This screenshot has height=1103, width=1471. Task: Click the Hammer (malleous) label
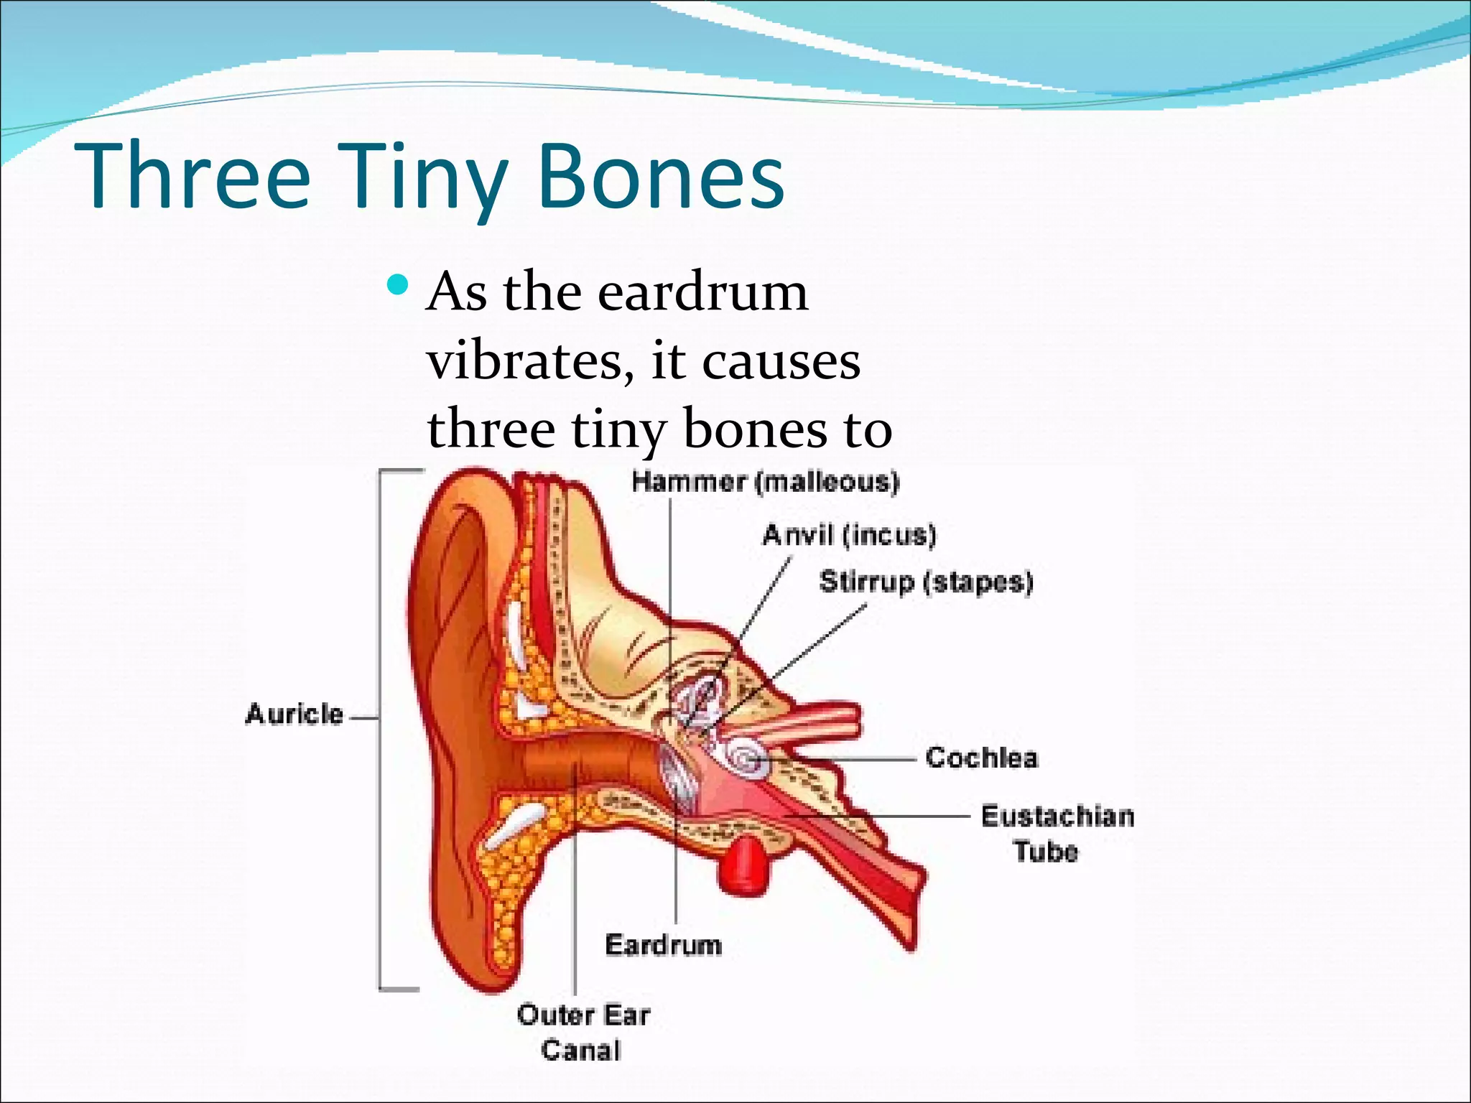(x=765, y=481)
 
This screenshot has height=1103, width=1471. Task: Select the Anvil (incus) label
(x=849, y=535)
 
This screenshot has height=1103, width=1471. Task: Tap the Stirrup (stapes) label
(x=926, y=582)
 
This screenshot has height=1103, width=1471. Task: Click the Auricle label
(x=294, y=714)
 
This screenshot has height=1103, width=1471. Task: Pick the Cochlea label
(x=981, y=758)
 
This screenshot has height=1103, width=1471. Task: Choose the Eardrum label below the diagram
(x=663, y=945)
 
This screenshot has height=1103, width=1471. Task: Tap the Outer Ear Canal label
(x=583, y=1033)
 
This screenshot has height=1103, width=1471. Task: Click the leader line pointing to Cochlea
(x=848, y=758)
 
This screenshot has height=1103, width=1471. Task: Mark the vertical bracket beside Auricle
(x=381, y=729)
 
